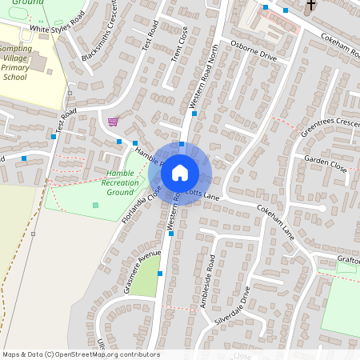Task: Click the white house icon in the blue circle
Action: pyautogui.click(x=180, y=173)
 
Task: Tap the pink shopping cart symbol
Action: pyautogui.click(x=113, y=122)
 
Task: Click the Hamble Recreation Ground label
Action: pyautogui.click(x=120, y=182)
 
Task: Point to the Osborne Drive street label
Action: pyautogui.click(x=253, y=57)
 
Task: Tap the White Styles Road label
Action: pyautogui.click(x=57, y=24)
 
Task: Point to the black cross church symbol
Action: pyautogui.click(x=310, y=6)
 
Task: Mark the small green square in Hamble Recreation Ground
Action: pyautogui.click(x=95, y=206)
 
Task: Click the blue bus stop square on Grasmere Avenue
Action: pyautogui.click(x=160, y=274)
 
